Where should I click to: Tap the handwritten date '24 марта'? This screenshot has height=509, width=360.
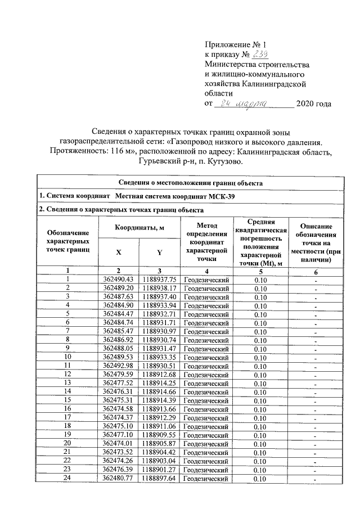coord(241,103)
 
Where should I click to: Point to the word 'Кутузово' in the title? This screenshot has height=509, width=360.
coord(222,162)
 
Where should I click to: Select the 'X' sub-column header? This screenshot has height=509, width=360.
coord(119,253)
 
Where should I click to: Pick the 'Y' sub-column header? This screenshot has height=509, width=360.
coord(160,253)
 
